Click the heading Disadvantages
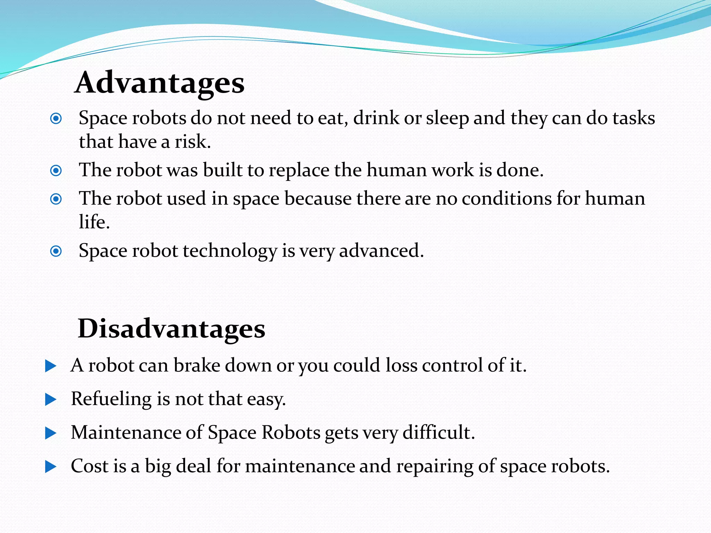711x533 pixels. [x=172, y=328]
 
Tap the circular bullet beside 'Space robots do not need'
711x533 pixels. [x=56, y=119]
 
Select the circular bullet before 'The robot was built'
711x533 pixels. [x=56, y=171]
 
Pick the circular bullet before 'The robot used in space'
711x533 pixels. [x=56, y=199]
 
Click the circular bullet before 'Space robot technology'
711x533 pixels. [x=56, y=251]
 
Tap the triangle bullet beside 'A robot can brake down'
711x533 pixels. [x=51, y=366]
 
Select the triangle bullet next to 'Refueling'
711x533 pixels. [x=51, y=400]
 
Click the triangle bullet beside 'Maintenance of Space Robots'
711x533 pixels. [x=51, y=433]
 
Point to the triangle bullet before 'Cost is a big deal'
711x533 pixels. [x=51, y=467]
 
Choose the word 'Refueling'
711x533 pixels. [x=111, y=399]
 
